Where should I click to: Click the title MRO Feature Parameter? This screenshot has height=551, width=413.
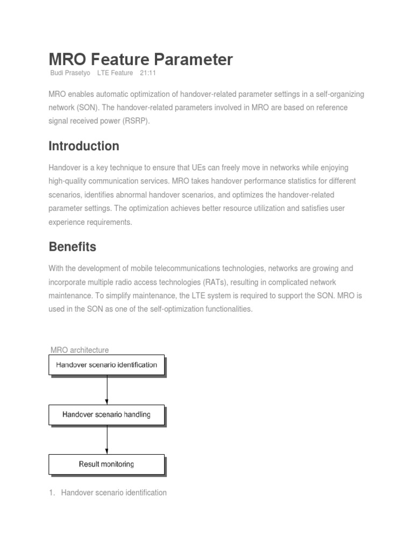[x=141, y=59]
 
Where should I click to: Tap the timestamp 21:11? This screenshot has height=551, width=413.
[x=148, y=73]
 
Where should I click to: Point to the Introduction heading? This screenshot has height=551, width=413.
[x=84, y=146]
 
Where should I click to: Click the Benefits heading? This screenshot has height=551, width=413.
[x=73, y=247]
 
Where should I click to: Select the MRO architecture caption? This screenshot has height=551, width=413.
[x=79, y=350]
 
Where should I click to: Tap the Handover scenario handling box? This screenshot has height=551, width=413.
[x=106, y=414]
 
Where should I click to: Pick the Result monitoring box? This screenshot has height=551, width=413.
[x=106, y=464]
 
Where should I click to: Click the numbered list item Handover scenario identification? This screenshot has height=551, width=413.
[x=113, y=492]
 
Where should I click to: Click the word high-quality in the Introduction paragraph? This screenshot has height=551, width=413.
[x=68, y=181]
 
